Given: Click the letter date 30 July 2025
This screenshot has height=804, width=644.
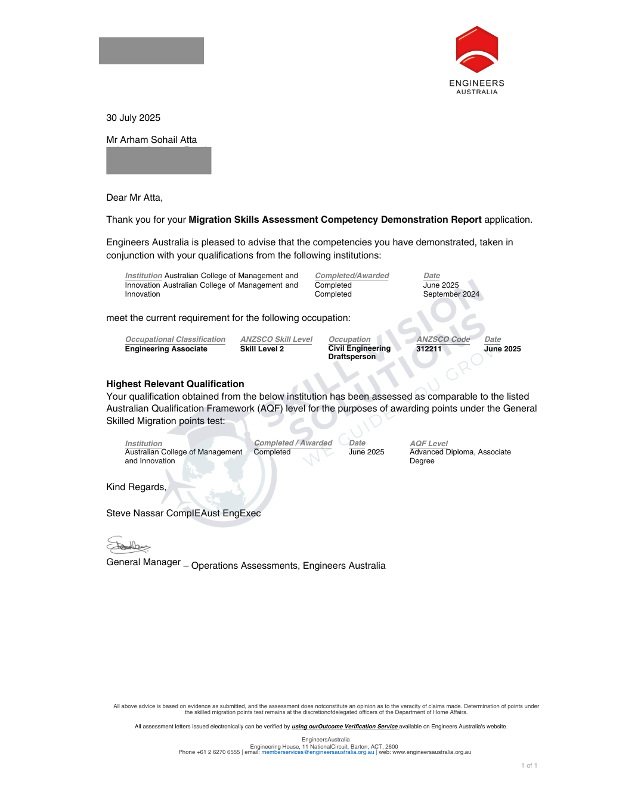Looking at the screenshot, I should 133,118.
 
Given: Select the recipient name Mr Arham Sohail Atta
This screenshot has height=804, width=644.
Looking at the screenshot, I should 151,140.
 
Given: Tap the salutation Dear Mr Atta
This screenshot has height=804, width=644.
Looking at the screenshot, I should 134,198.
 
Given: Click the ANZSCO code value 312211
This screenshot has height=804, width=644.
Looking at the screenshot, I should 429,349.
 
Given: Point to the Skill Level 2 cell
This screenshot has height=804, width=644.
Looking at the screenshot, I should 262,349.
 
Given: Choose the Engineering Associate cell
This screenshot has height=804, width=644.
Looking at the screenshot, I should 166,349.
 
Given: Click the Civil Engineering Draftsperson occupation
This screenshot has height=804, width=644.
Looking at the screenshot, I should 359,353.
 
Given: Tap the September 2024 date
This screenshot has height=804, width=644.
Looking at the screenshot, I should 451,294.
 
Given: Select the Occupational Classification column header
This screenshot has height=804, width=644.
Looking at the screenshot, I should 175,339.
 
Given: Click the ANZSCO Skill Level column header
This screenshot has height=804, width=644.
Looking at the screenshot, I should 276,339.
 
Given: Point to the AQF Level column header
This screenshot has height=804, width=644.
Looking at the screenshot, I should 428,444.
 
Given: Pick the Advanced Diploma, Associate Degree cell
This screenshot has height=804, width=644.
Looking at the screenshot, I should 460,456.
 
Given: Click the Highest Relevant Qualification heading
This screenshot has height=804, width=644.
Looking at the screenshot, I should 175,384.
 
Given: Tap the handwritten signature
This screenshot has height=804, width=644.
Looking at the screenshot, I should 128,545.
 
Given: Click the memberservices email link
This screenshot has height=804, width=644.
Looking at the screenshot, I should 317,752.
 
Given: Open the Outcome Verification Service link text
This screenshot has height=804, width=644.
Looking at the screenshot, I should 345,727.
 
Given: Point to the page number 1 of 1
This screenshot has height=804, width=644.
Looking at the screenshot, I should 529,766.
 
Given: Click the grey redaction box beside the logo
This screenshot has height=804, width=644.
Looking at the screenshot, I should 151,51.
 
